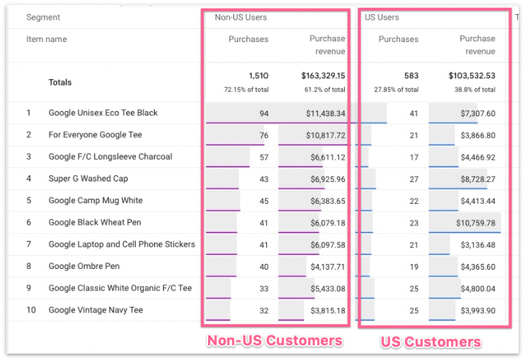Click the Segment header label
(x=43, y=18)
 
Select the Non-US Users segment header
(x=240, y=18)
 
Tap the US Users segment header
(x=383, y=18)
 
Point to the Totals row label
(x=60, y=83)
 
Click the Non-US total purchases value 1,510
(x=258, y=76)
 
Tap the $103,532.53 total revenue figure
(x=472, y=76)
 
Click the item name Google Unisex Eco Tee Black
(x=103, y=113)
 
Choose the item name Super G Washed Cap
(x=88, y=179)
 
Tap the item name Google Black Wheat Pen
(x=95, y=223)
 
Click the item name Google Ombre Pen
(x=84, y=266)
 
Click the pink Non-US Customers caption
(x=274, y=341)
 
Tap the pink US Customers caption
(x=430, y=342)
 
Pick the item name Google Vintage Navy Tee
(x=95, y=310)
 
